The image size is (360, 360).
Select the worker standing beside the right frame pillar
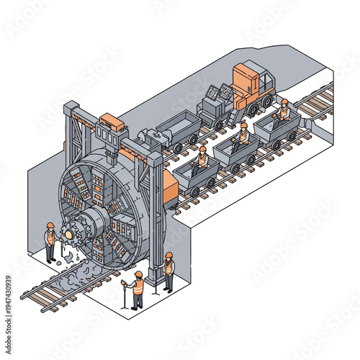(x=168, y=271)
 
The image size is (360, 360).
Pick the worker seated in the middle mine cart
(x=243, y=135)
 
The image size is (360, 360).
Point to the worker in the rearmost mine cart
(x=284, y=111)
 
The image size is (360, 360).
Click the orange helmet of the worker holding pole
(x=138, y=274)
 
